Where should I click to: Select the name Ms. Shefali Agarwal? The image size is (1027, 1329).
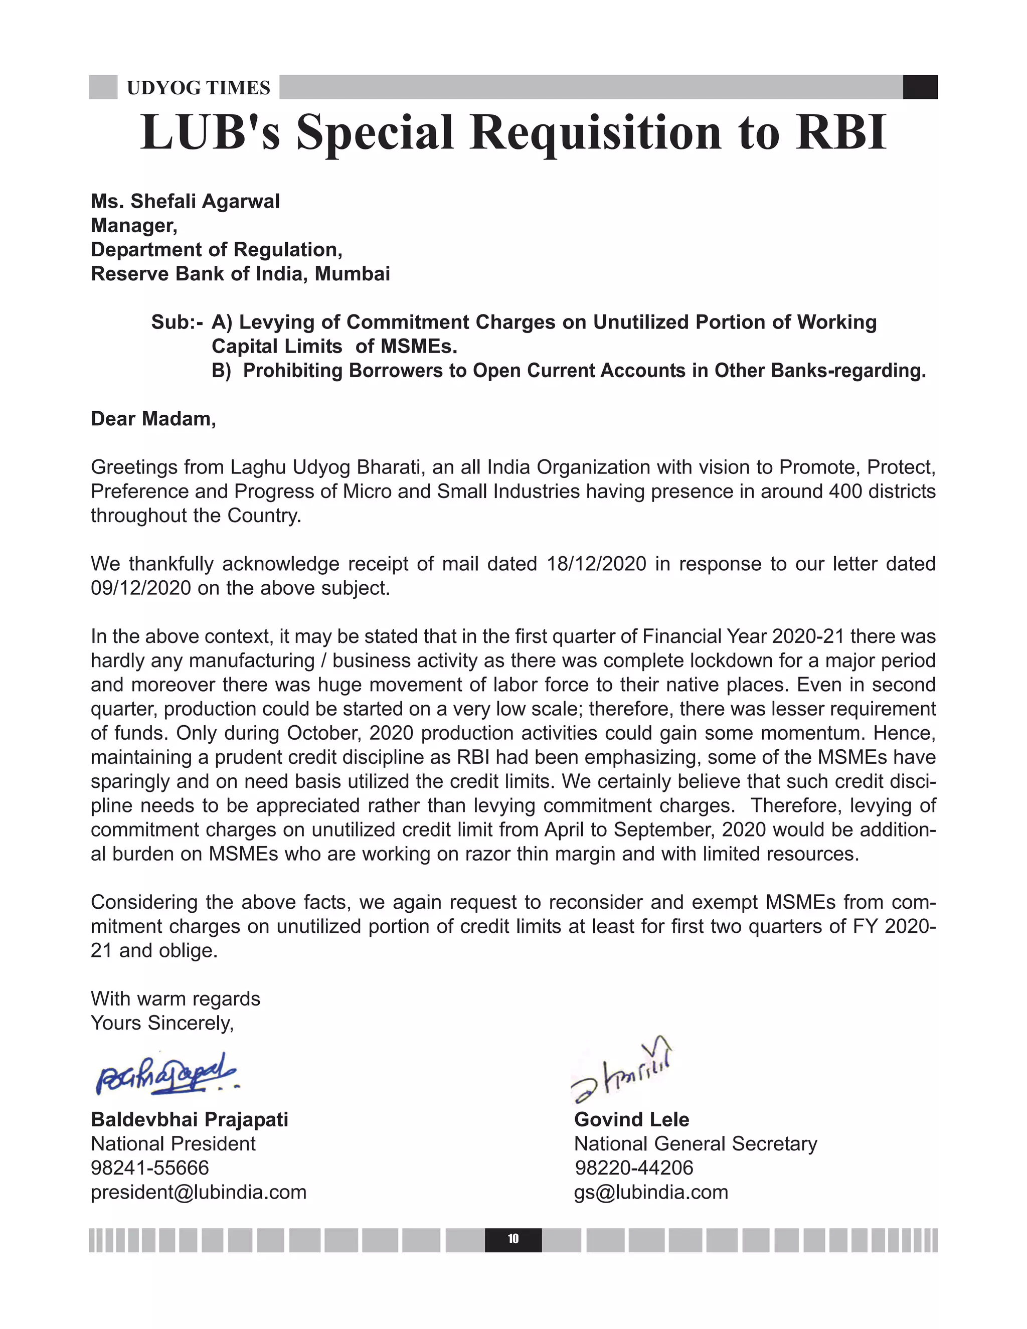click(185, 202)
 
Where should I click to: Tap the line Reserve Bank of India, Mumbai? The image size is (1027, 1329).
click(240, 274)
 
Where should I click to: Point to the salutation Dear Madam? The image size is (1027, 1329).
click(153, 419)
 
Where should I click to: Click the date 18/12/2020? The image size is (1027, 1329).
click(596, 564)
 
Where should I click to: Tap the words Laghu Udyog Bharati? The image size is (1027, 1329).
click(326, 467)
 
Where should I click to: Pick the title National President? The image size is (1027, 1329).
click(173, 1144)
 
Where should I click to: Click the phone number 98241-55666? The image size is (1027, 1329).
click(149, 1168)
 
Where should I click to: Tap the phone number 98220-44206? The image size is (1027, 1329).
click(634, 1168)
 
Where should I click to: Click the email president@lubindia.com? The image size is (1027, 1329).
click(199, 1192)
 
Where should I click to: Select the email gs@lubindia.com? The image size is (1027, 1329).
click(651, 1192)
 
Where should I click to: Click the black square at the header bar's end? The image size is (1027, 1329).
click(920, 87)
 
